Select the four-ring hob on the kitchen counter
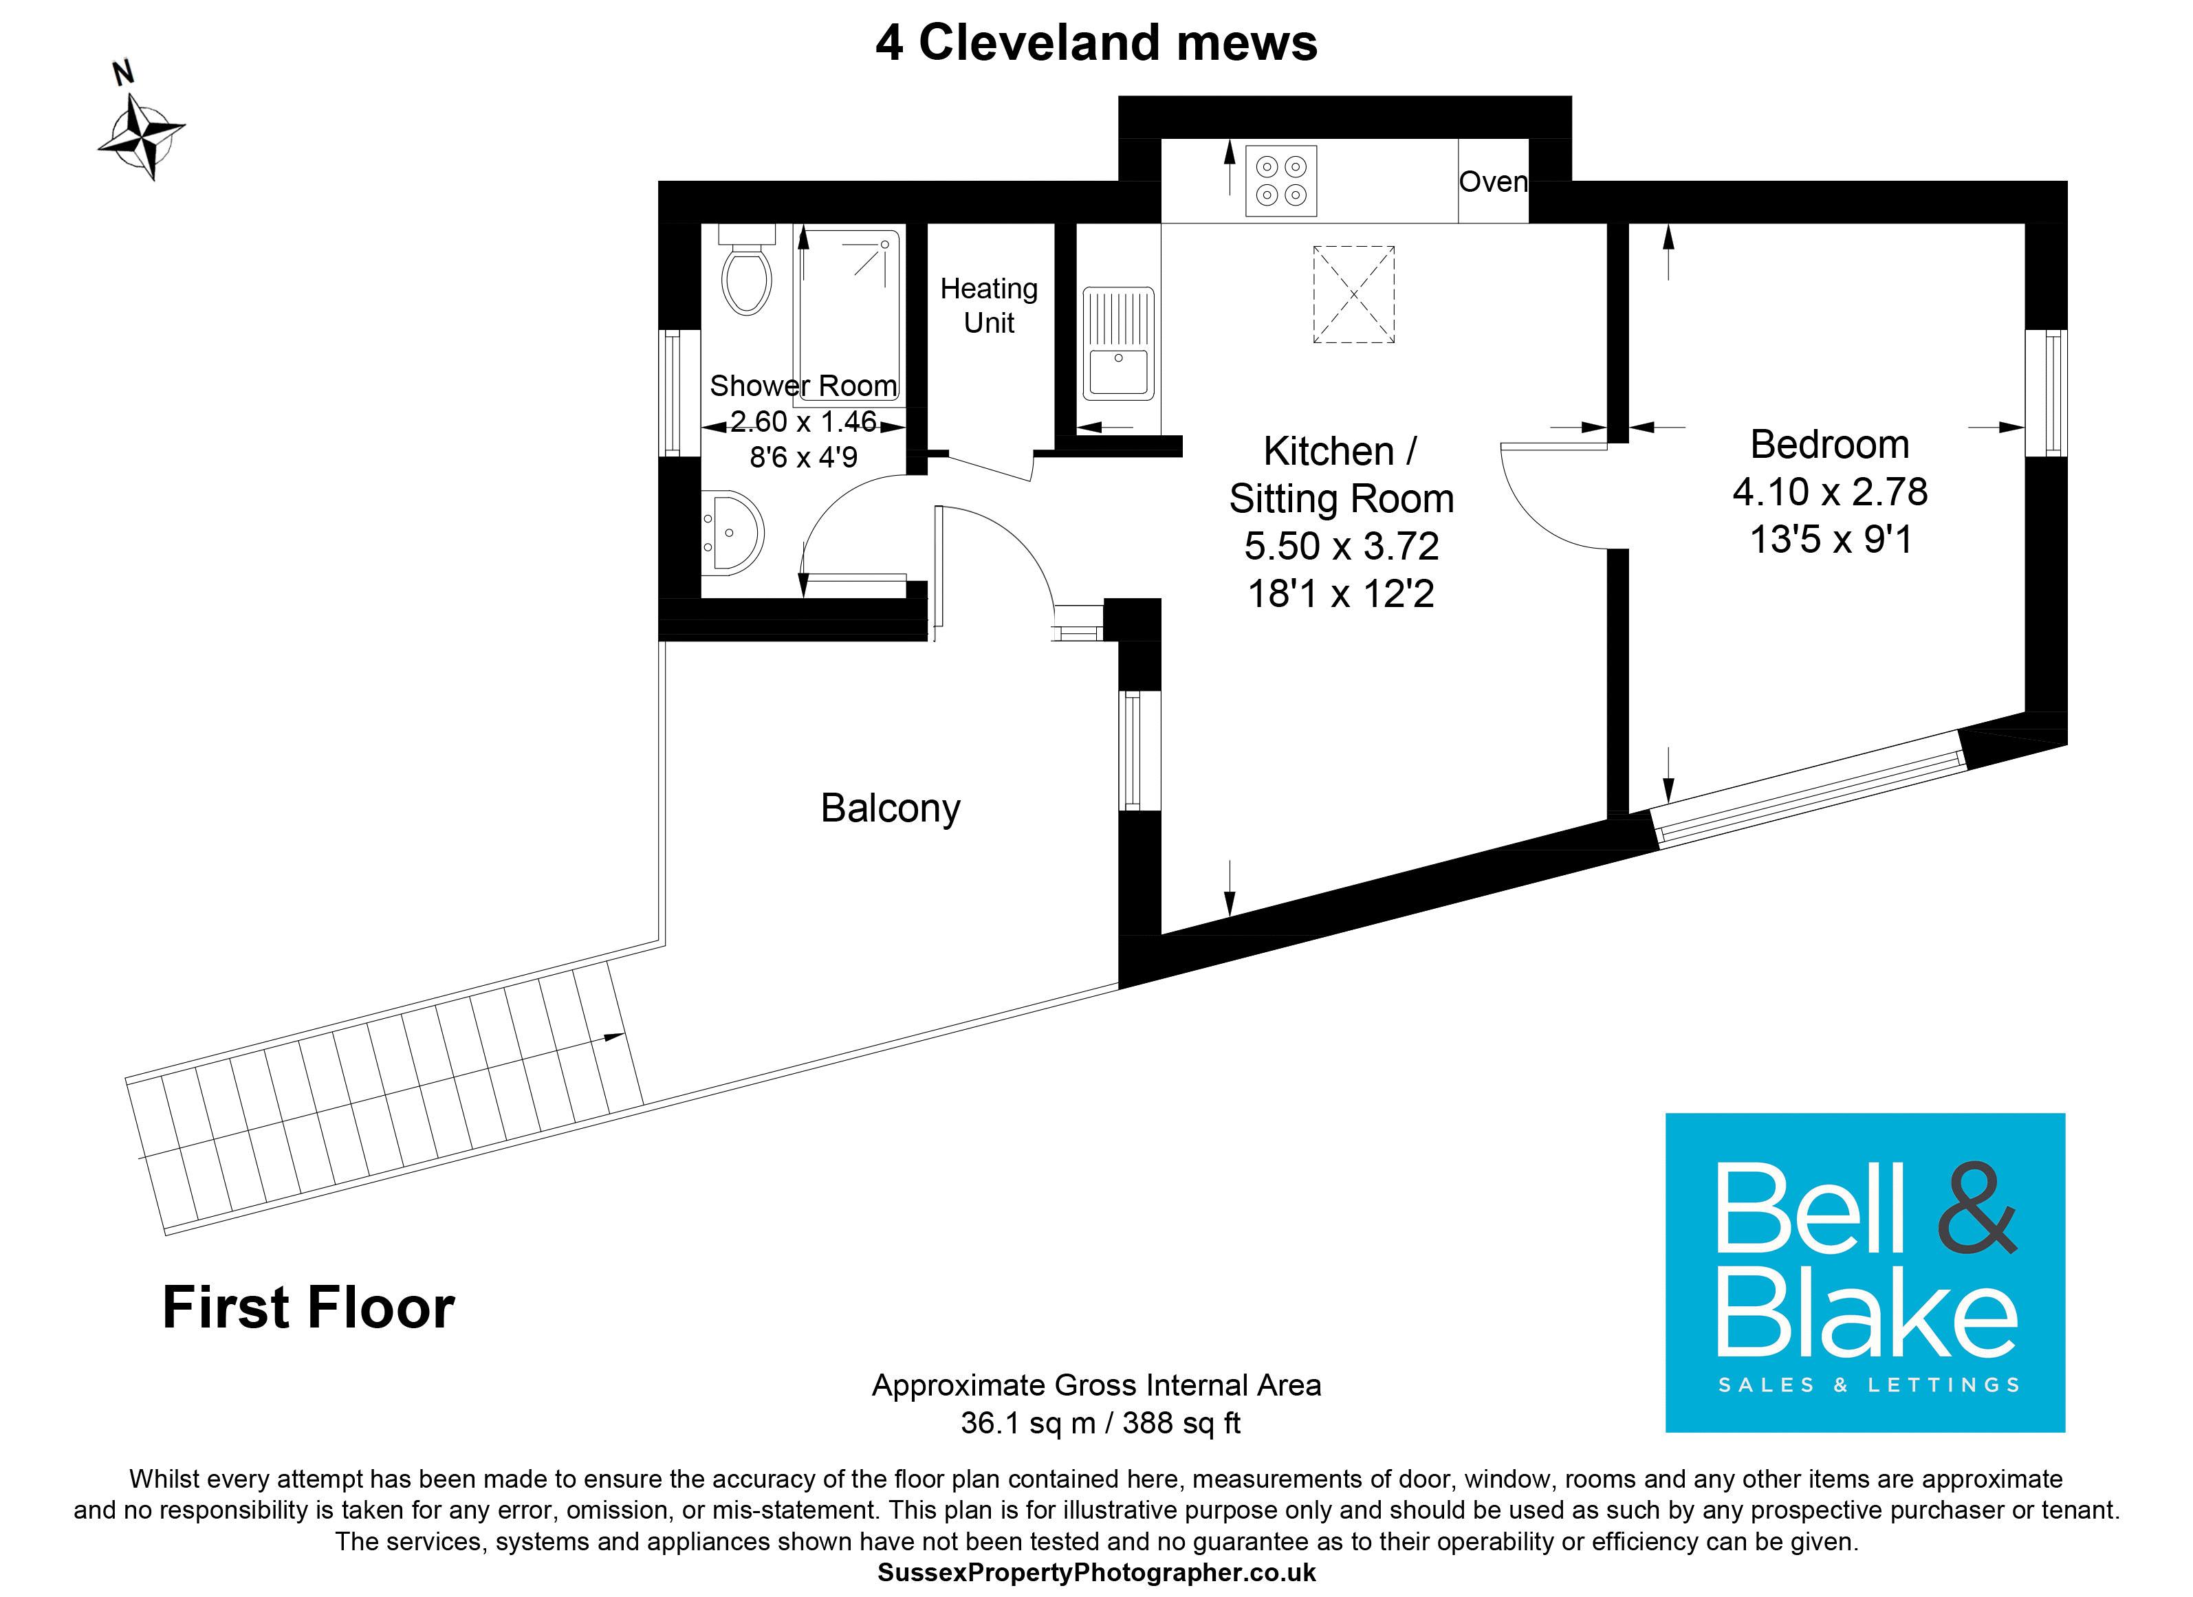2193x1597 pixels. pos(1280,181)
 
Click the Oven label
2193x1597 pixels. pos(1492,181)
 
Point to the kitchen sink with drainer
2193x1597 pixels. pos(1117,343)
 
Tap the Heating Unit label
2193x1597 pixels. pos(988,305)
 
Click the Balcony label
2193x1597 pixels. pos(890,808)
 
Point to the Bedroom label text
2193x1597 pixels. pos(1829,445)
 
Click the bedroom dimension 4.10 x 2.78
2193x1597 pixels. pos(1829,492)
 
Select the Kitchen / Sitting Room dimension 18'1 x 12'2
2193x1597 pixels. pos(1340,593)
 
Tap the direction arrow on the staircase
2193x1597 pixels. pos(613,1037)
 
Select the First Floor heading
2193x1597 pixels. pos(307,1308)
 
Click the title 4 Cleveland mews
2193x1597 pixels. pos(1095,43)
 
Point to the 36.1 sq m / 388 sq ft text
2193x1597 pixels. pos(1100,1423)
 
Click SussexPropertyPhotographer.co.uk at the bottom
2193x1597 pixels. pos(1095,1573)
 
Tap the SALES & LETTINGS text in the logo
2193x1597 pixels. pos(1868,1385)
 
